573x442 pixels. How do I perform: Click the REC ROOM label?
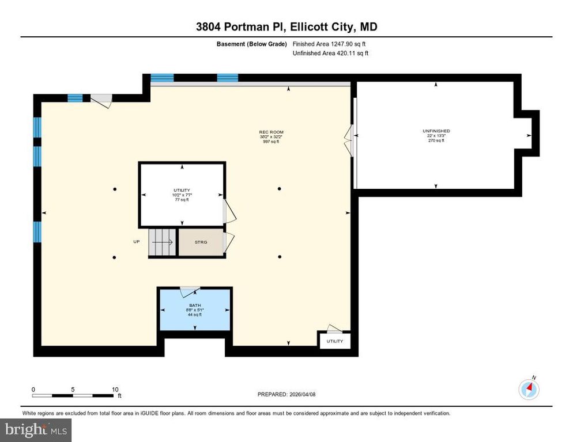[271, 136]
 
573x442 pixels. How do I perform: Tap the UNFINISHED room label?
[436, 136]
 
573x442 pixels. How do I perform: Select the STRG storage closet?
[200, 242]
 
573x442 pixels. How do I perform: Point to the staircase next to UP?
[162, 242]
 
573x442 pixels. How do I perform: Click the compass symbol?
[529, 390]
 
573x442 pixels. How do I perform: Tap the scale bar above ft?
[73, 395]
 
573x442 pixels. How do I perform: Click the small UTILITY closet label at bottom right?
[334, 341]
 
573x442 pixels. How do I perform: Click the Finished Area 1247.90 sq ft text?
[329, 44]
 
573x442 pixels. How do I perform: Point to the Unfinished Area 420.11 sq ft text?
[330, 53]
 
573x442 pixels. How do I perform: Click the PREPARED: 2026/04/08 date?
[287, 394]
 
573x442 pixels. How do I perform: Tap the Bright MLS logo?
[36, 429]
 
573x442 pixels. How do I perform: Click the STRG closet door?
[228, 242]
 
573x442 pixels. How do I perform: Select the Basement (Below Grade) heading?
[251, 44]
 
